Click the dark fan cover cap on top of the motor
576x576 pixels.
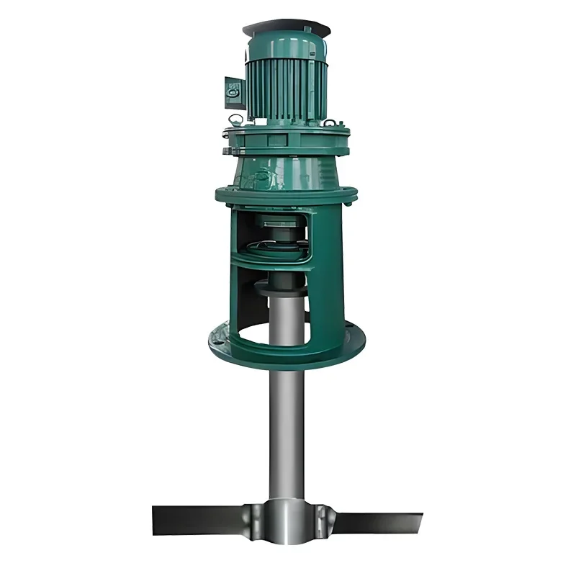click(x=287, y=27)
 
